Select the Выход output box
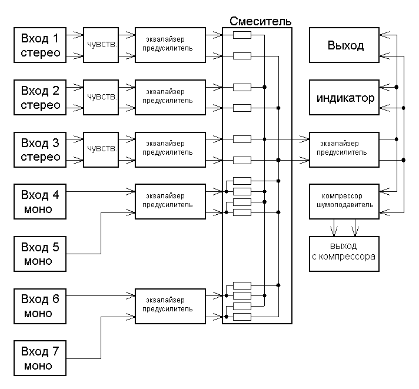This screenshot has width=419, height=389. point(345,45)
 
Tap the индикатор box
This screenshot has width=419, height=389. point(345,98)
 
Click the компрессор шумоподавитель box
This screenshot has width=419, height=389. point(345,201)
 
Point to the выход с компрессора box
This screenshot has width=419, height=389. point(345,253)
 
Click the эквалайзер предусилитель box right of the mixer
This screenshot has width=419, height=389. point(345,149)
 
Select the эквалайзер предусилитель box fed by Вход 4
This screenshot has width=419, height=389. point(171,201)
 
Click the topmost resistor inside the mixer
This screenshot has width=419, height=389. point(242,35)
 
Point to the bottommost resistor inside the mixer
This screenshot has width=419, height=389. point(242,317)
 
